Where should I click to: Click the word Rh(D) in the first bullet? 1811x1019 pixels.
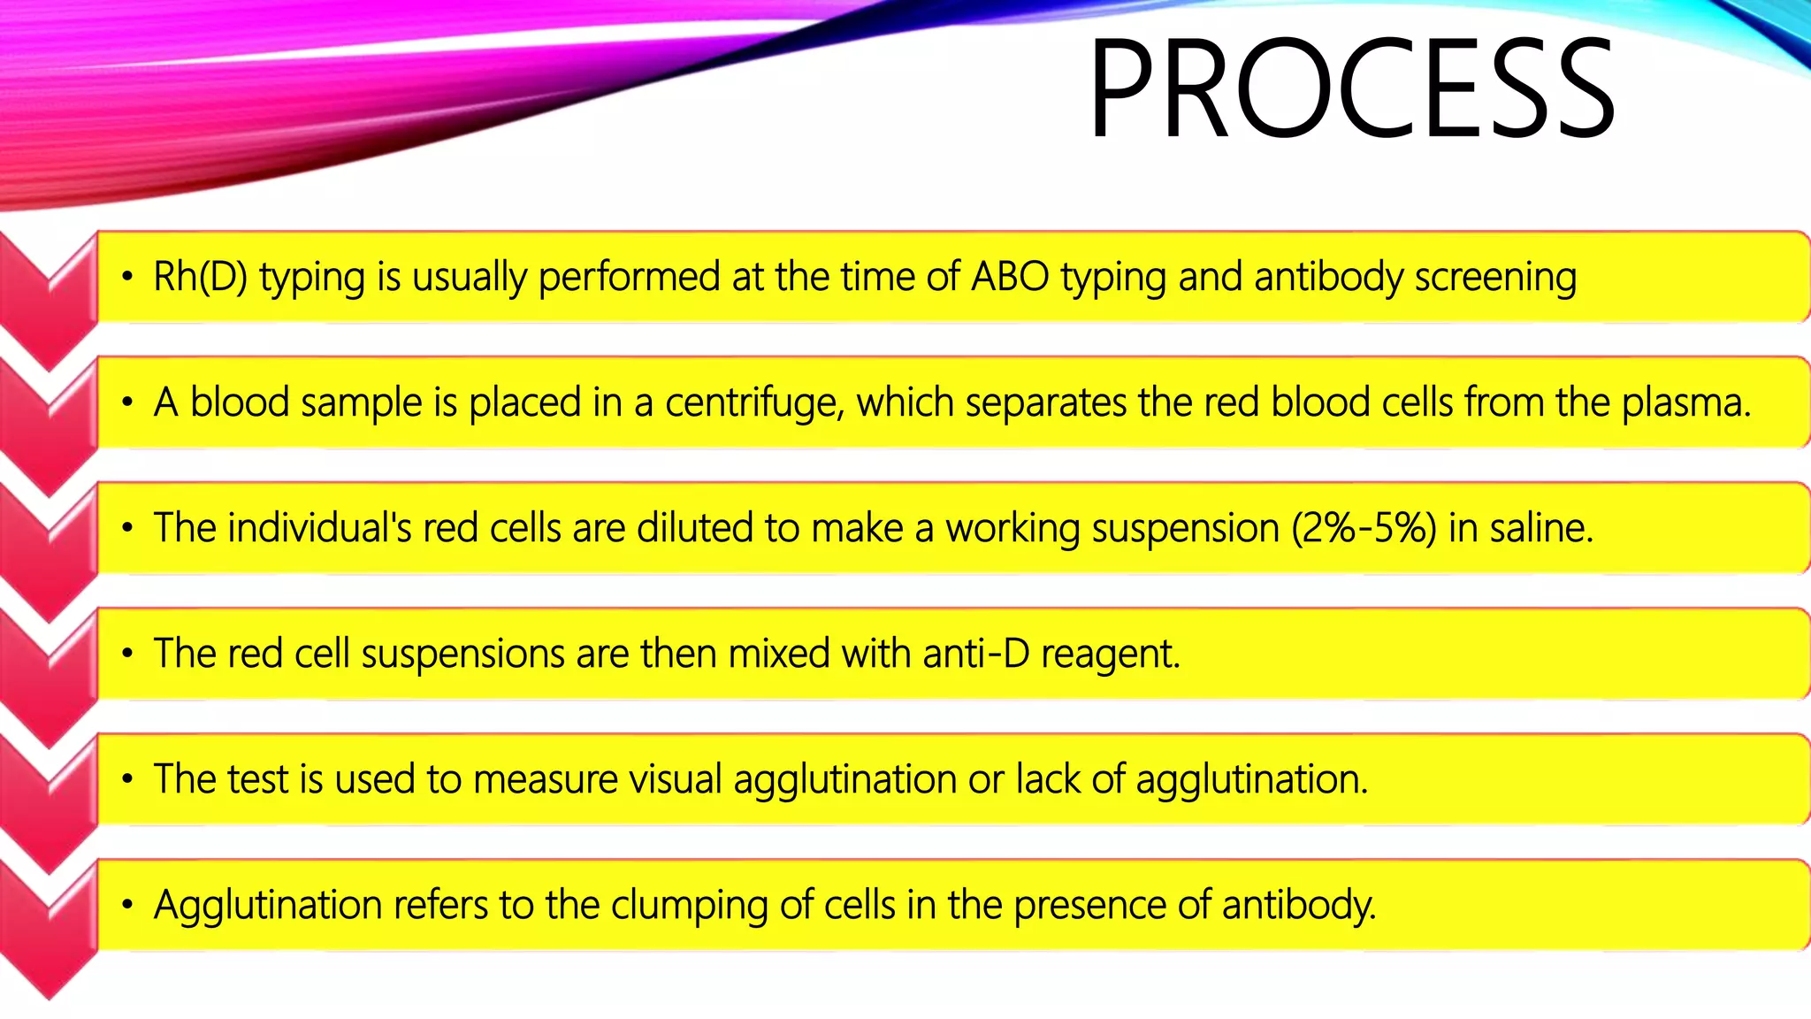click(200, 278)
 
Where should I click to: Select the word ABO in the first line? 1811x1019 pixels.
click(1010, 278)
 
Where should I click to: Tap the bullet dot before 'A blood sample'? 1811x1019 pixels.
click(128, 403)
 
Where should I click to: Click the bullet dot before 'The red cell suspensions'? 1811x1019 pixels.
click(128, 655)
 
